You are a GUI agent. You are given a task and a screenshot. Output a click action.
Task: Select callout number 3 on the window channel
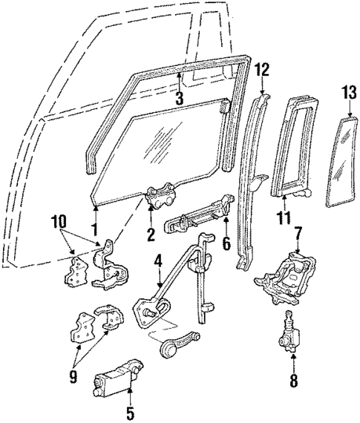pyautogui.click(x=178, y=97)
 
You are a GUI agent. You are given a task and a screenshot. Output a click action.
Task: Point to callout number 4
pyautogui.click(x=157, y=260)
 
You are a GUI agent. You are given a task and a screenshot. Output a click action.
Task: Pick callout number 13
pyautogui.click(x=347, y=93)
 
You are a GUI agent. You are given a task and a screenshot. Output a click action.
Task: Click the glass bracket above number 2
pyautogui.click(x=163, y=197)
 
